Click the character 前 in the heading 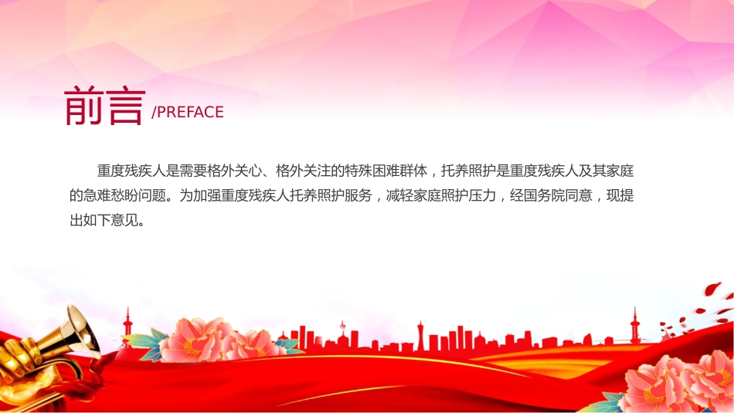point(83,106)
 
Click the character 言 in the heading point(125,107)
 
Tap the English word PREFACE point(190,112)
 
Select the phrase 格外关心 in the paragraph point(235,171)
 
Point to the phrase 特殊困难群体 point(386,171)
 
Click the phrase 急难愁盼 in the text point(110,195)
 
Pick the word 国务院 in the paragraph point(545,195)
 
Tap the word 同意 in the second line point(579,195)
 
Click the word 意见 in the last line point(124,220)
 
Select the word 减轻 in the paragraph point(399,195)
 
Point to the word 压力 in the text point(482,195)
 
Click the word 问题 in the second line point(152,195)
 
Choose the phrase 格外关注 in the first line point(304,171)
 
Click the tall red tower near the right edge point(635,324)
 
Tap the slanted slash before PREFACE point(154,113)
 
